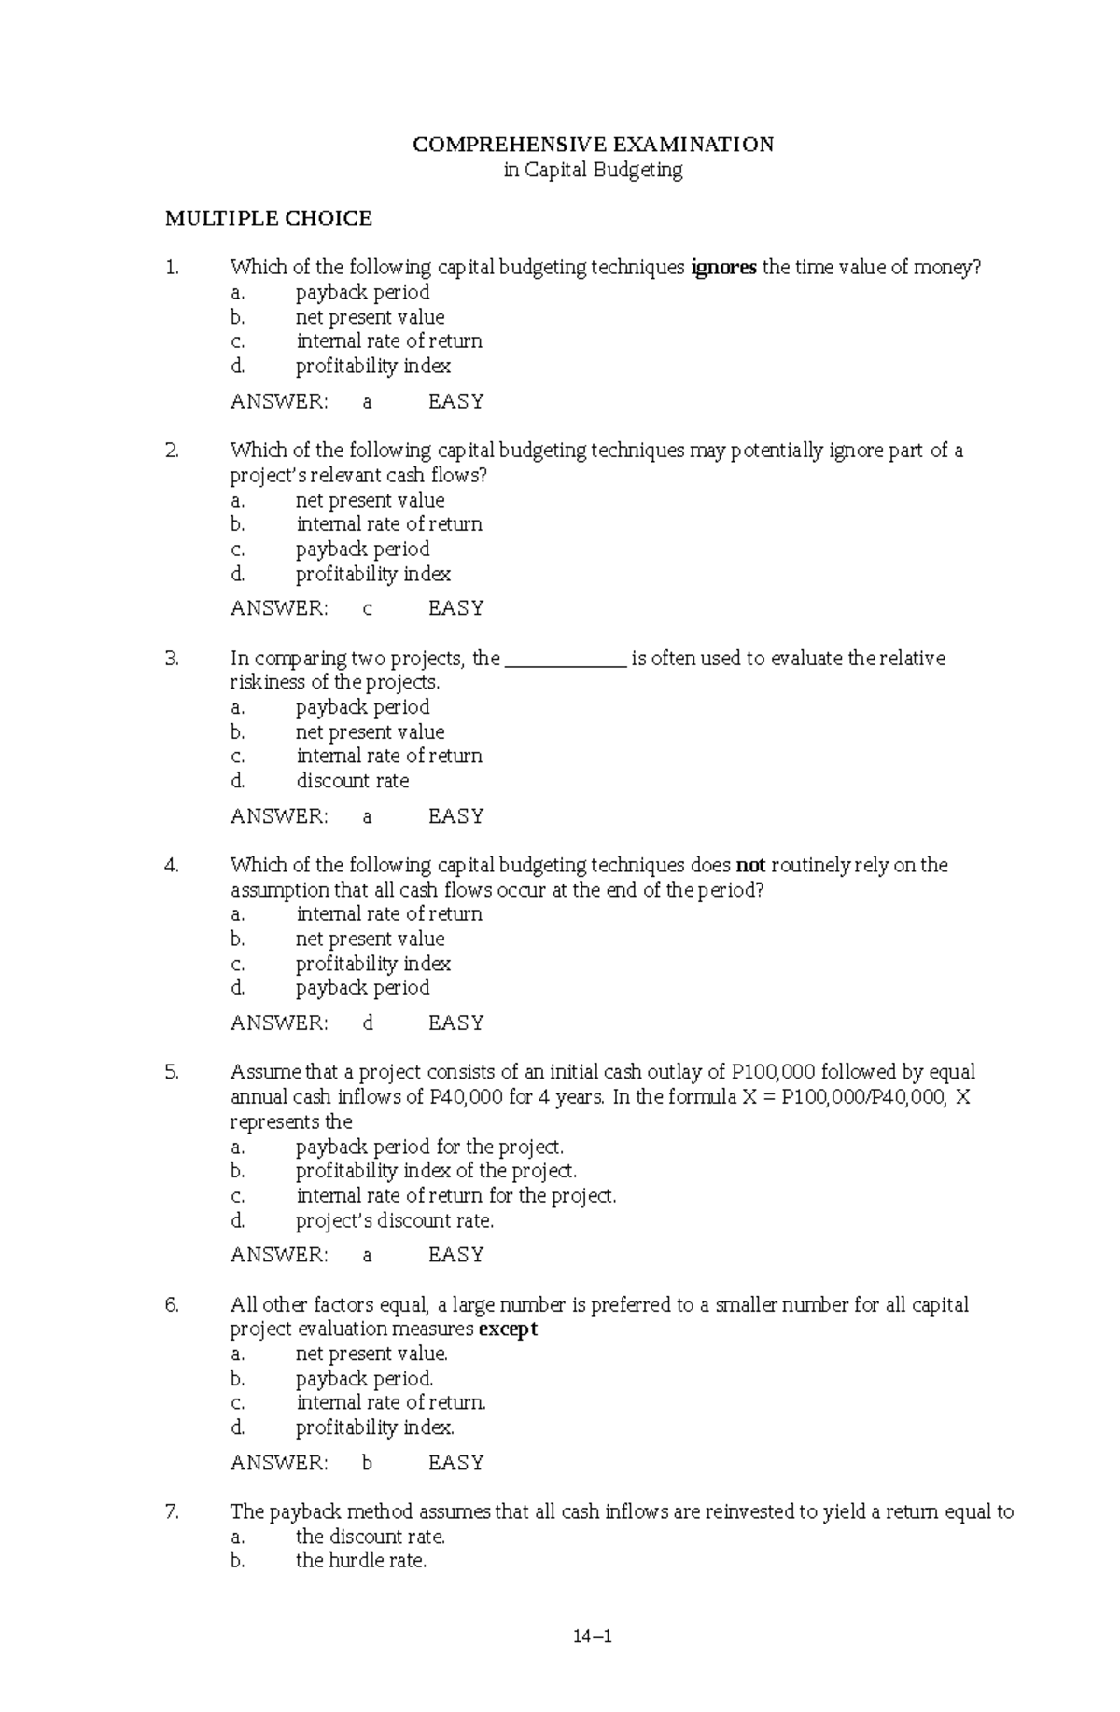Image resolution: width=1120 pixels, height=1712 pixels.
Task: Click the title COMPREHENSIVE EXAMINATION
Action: click(x=593, y=145)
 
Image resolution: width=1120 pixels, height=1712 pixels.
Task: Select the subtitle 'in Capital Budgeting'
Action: click(x=593, y=170)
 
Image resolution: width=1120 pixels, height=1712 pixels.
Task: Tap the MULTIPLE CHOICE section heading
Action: click(x=268, y=218)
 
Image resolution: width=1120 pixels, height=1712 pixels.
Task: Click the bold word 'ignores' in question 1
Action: click(x=723, y=268)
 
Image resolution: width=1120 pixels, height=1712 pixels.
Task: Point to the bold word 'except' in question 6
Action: click(x=508, y=1329)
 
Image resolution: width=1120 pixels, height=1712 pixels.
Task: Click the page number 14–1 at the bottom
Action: click(x=593, y=1635)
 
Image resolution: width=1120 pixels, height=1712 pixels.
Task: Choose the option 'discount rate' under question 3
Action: click(x=353, y=781)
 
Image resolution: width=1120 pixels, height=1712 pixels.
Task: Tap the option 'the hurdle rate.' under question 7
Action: click(x=361, y=1560)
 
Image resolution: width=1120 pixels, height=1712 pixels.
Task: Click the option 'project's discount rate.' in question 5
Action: click(x=395, y=1220)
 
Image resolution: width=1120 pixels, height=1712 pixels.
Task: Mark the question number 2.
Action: click(x=172, y=451)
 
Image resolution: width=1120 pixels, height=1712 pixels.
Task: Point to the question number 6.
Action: click(x=172, y=1304)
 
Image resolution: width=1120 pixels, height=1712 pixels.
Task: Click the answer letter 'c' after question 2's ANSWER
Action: click(x=368, y=608)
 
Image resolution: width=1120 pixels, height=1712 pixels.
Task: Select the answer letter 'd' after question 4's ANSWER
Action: click(x=368, y=1023)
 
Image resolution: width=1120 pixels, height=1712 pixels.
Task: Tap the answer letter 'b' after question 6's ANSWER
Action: click(x=368, y=1463)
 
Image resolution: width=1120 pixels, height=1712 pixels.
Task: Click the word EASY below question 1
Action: click(x=455, y=402)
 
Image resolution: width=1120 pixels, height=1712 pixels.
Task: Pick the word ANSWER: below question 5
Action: click(x=279, y=1255)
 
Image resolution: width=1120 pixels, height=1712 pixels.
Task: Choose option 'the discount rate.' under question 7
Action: click(x=371, y=1537)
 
